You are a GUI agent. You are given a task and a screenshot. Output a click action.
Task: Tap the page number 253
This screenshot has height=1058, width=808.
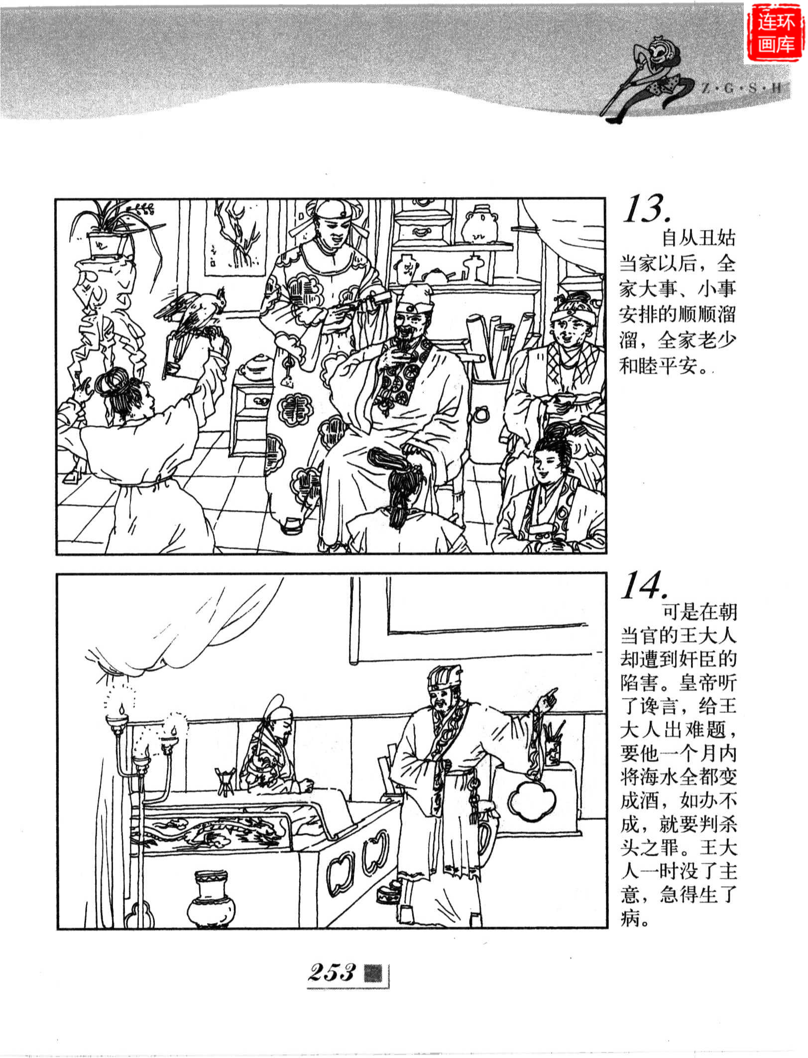point(332,972)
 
